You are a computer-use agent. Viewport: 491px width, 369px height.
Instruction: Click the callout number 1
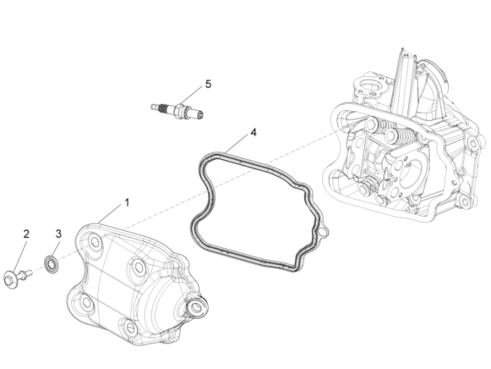127,202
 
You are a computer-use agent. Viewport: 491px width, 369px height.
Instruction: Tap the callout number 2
26,234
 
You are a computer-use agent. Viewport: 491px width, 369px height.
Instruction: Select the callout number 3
58,234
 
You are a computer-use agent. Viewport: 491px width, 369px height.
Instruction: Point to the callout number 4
254,132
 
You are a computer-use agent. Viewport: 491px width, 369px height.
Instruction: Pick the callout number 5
207,84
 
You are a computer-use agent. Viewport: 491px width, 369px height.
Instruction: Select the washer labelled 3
52,264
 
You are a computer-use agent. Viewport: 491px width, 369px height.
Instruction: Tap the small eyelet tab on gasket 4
323,233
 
